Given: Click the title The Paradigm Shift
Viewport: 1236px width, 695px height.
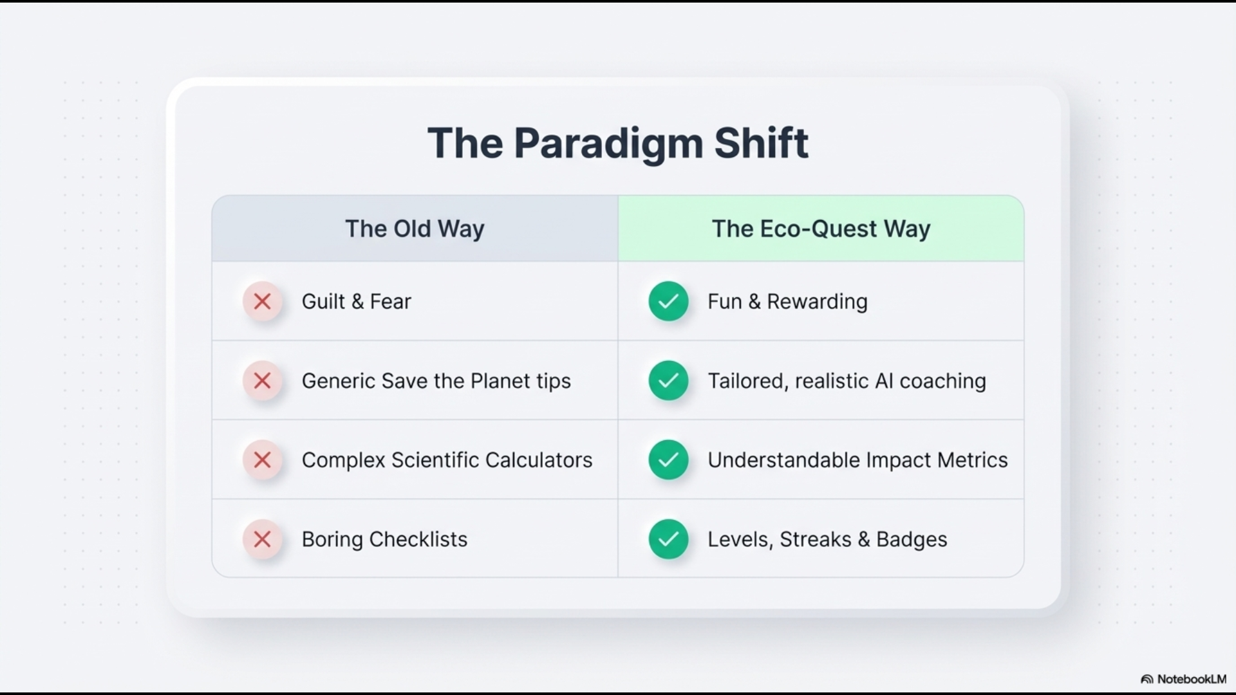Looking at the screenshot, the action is point(618,144).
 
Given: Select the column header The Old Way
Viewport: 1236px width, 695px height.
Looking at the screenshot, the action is point(415,229).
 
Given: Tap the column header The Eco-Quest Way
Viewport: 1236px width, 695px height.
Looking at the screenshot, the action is point(821,229).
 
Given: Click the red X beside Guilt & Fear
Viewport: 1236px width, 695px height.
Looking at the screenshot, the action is point(263,301).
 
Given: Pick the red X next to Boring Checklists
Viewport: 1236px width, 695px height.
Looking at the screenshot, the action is point(263,539).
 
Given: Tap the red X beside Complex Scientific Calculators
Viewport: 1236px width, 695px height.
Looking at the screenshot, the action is point(263,460).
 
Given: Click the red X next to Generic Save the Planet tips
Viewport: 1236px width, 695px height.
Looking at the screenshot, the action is point(263,381).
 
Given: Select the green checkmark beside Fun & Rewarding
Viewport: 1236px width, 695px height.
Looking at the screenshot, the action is point(668,301).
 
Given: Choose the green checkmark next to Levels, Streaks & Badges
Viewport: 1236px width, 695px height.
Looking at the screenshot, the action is point(668,539).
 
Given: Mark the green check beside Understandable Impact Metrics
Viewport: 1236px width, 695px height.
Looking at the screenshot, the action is point(668,460).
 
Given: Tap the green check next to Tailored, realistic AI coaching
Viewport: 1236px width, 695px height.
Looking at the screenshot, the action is point(668,381).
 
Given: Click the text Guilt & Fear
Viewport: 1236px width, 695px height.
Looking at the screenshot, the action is point(356,301).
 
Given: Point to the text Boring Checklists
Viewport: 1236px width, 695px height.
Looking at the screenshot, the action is point(384,539).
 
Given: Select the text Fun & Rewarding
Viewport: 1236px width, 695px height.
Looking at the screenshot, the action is point(787,302).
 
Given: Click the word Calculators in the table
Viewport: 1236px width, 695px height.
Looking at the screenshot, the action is point(539,460).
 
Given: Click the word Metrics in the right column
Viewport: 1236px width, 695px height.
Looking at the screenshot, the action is point(973,460).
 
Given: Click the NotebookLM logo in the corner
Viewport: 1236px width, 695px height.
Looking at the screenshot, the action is point(1183,679).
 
